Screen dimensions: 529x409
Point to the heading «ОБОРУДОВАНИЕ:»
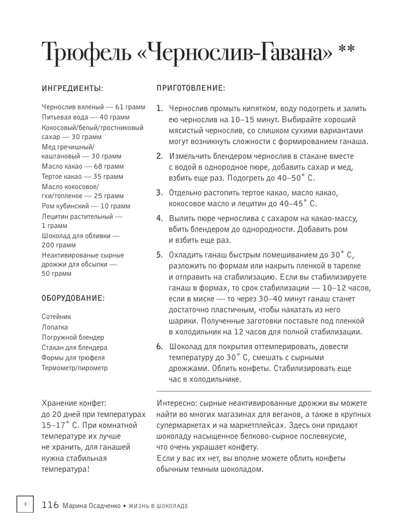(73, 299)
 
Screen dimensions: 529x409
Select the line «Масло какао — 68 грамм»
(82, 166)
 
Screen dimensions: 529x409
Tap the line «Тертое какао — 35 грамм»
(82, 176)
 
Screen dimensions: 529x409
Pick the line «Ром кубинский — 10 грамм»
(85, 206)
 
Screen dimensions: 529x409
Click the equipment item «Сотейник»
(56, 317)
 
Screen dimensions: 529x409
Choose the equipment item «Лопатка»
(54, 327)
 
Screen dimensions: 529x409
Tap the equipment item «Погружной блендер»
(72, 337)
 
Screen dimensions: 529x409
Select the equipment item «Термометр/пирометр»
(74, 367)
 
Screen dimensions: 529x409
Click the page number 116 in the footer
(50, 505)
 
